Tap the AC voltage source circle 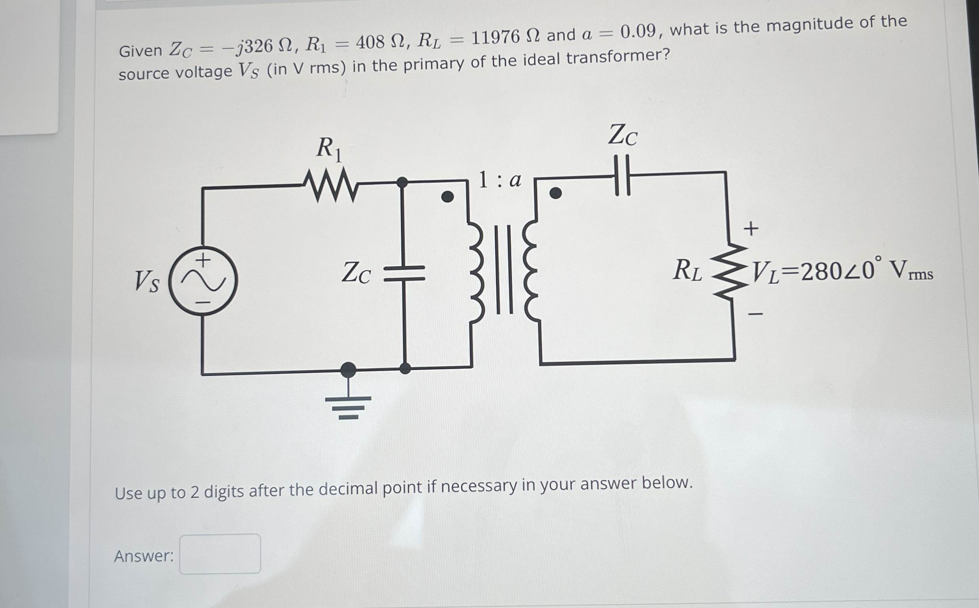coord(203,281)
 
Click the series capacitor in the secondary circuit coord(622,176)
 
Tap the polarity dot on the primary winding coord(447,197)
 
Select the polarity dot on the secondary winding coord(556,193)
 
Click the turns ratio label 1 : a coord(499,180)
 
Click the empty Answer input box coord(220,554)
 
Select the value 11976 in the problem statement coord(495,38)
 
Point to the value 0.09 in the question coord(638,31)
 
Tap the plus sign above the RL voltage coord(751,228)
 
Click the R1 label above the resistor coord(328,149)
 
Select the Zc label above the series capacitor coord(622,135)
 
